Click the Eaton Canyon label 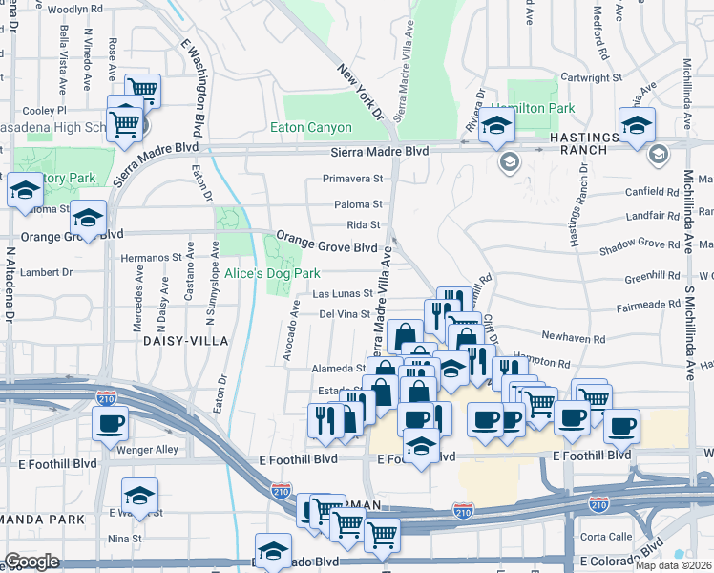pos(311,127)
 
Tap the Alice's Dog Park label pos(272,273)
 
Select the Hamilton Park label pos(534,109)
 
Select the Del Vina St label pos(344,313)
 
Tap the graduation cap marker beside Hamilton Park pos(496,124)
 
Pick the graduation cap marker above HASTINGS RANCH pos(637,124)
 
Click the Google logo pos(31,562)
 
